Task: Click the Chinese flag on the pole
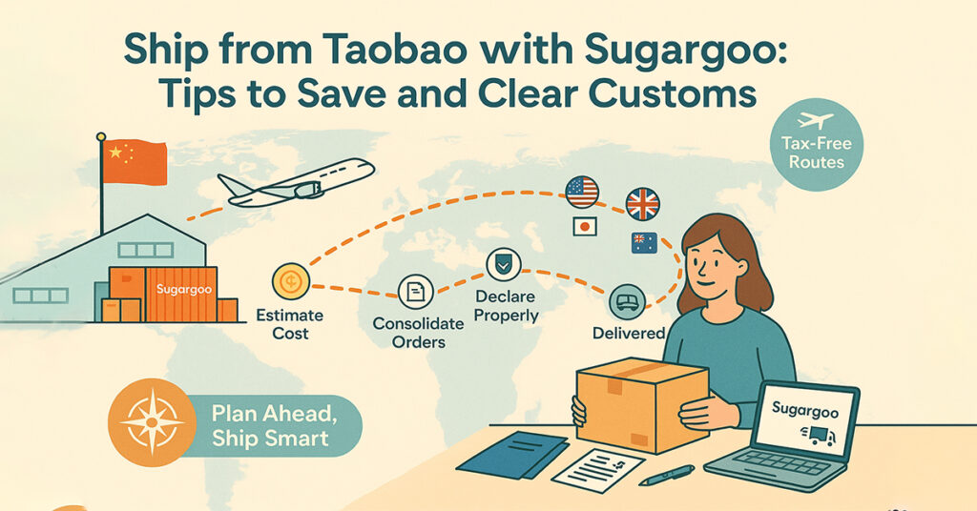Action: tap(135, 162)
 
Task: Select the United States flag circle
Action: tap(581, 192)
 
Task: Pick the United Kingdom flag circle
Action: tap(642, 203)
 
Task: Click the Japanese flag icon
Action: tap(584, 226)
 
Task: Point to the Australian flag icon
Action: tap(643, 243)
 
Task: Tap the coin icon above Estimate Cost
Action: tap(290, 281)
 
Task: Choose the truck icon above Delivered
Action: tap(628, 301)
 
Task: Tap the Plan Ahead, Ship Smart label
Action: tap(271, 425)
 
